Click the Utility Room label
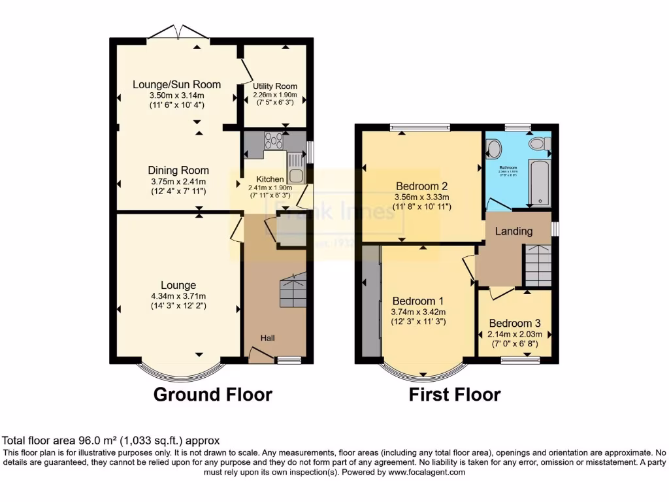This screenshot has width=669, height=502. [275, 86]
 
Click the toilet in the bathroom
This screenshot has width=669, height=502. [538, 144]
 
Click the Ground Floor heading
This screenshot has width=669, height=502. [212, 395]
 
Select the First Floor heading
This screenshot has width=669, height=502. [455, 395]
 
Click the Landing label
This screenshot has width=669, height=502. [513, 231]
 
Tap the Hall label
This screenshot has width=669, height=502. [268, 338]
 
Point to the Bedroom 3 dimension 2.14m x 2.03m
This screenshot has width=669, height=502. [515, 335]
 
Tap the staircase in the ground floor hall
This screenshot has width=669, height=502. [292, 290]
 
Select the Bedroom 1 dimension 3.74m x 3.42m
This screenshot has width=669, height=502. [417, 312]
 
